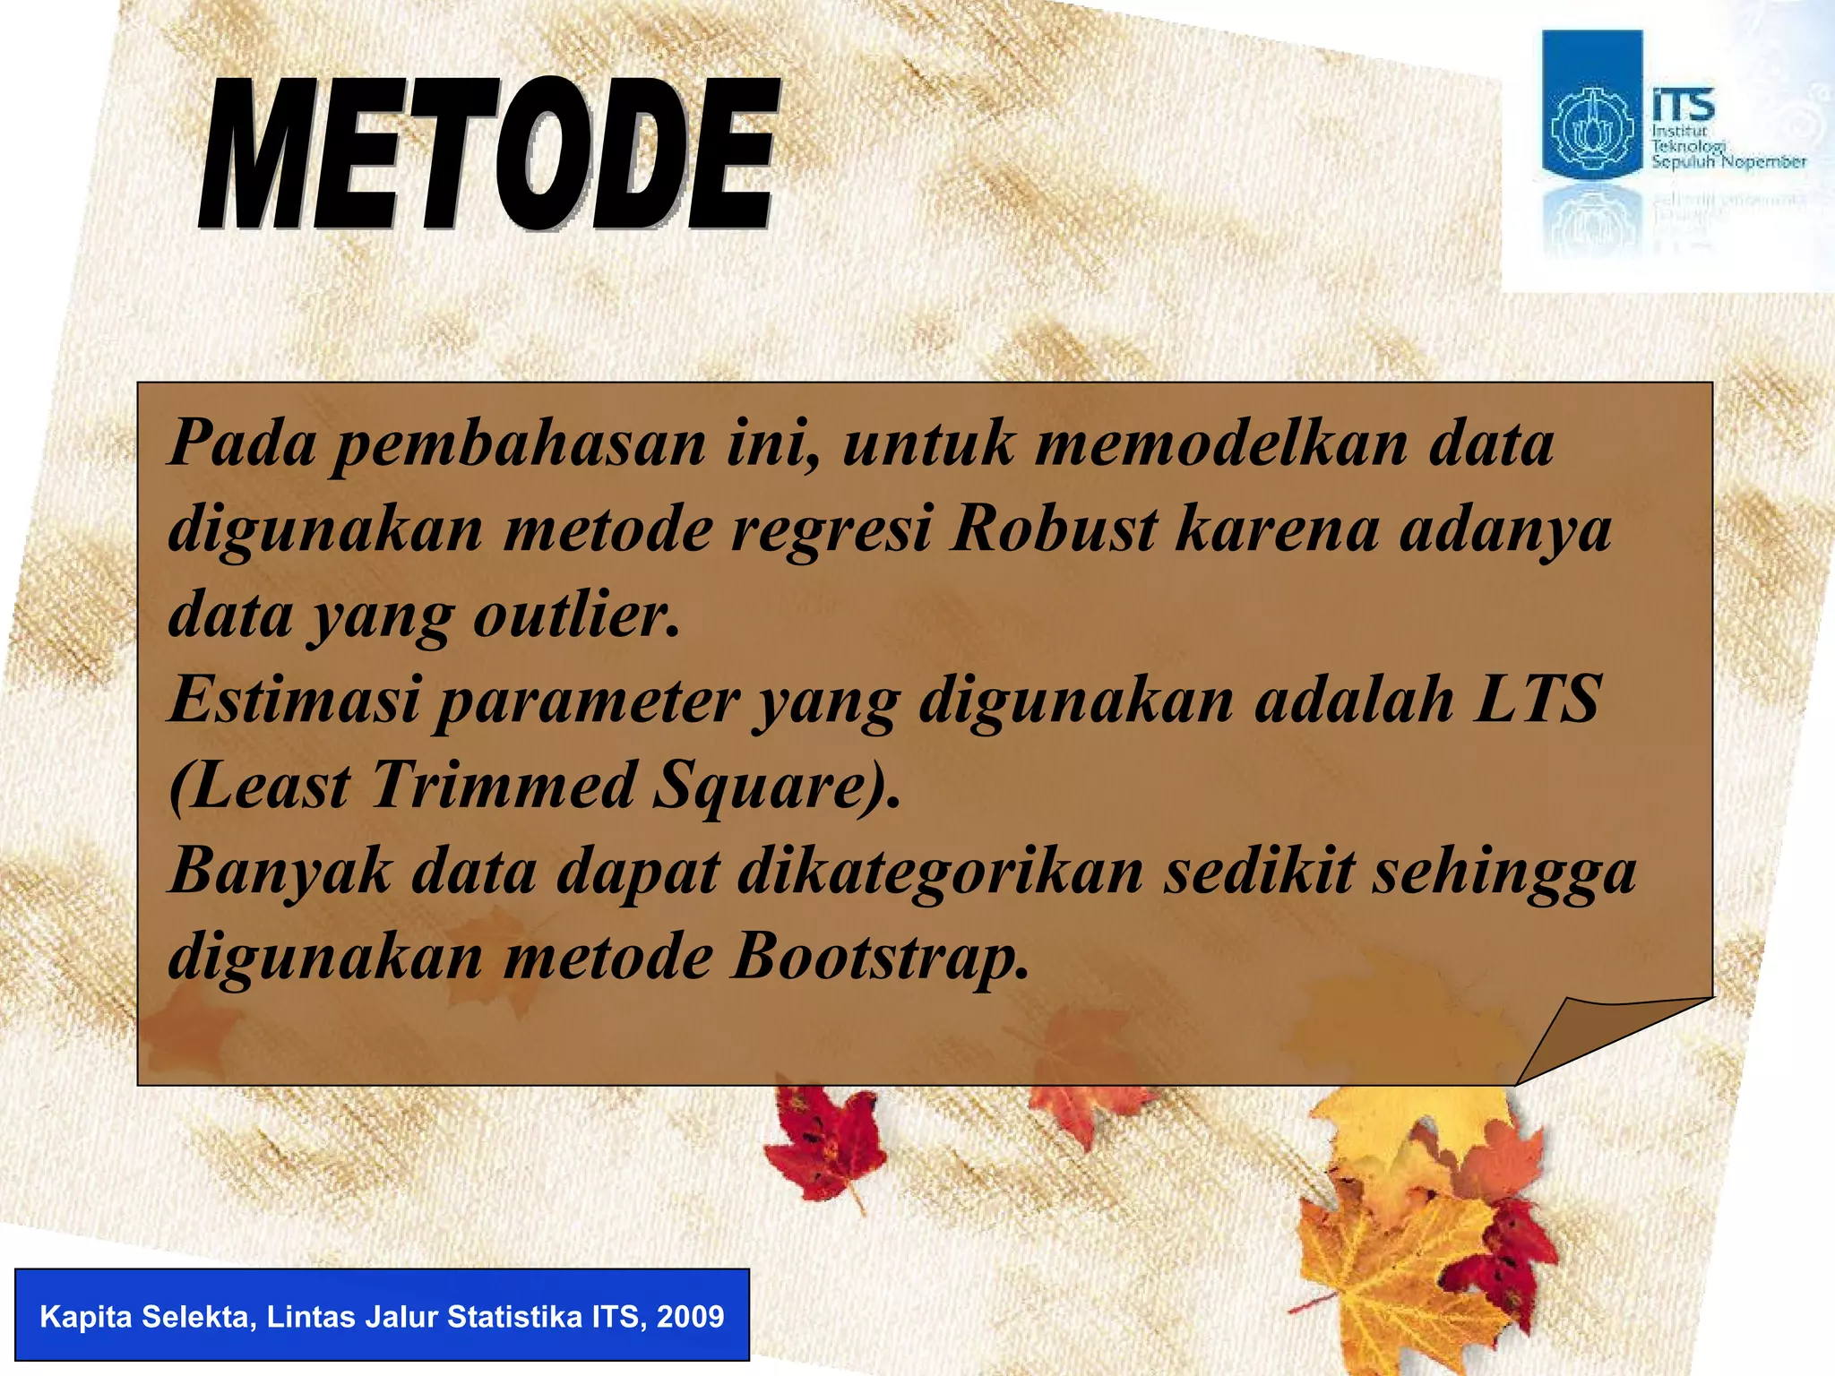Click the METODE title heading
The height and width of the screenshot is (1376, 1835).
tap(488, 154)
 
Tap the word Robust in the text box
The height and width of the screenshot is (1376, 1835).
tap(1054, 529)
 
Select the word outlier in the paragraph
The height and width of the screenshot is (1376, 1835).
tap(574, 615)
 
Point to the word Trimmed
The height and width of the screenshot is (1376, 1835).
tap(502, 786)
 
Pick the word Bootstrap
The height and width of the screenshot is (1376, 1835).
tap(881, 957)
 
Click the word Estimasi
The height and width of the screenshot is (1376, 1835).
tap(293, 700)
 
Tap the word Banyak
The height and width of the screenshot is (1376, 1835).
tap(280, 872)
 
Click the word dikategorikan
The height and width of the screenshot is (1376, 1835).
tap(940, 872)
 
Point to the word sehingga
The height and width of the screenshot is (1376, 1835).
tap(1504, 872)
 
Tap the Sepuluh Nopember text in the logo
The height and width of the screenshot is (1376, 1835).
tap(1728, 162)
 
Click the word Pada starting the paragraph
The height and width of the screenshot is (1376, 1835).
tap(242, 443)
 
